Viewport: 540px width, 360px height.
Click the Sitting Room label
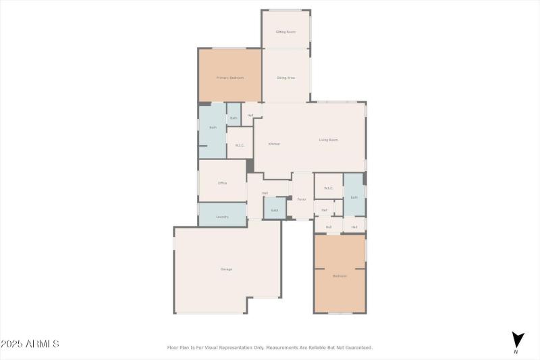pyautogui.click(x=286, y=32)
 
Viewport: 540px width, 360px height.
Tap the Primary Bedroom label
pyautogui.click(x=230, y=78)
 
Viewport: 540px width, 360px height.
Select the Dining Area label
pyautogui.click(x=286, y=78)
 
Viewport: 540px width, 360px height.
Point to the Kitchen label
pyautogui.click(x=274, y=144)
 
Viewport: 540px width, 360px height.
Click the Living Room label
pyautogui.click(x=328, y=140)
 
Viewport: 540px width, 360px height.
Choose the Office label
pyautogui.click(x=222, y=183)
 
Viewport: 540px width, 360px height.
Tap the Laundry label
pyautogui.click(x=222, y=217)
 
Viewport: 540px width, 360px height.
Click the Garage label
pyautogui.click(x=226, y=269)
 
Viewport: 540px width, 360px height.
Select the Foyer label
pyautogui.click(x=302, y=199)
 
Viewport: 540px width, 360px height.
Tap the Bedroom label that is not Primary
pyautogui.click(x=340, y=276)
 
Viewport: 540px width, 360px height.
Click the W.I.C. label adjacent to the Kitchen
pyautogui.click(x=240, y=145)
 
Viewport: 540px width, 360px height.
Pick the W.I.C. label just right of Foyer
pyautogui.click(x=329, y=188)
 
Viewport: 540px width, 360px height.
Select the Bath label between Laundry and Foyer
pyautogui.click(x=275, y=210)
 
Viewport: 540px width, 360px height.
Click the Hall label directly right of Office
pyautogui.click(x=265, y=193)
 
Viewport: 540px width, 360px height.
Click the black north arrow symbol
pyautogui.click(x=518, y=339)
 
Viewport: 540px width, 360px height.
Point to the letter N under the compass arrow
pyautogui.click(x=516, y=352)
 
